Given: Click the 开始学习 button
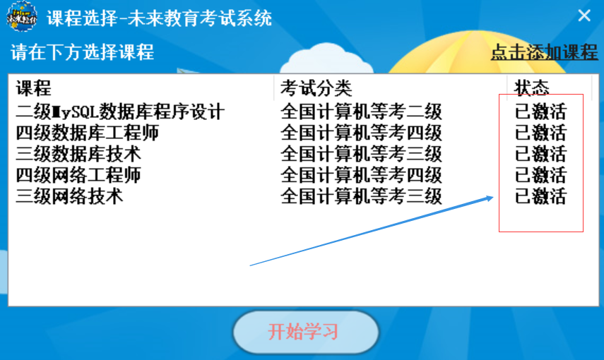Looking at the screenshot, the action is [306, 332].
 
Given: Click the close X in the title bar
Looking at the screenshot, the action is [584, 16].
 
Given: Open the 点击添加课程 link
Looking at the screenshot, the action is [544, 52].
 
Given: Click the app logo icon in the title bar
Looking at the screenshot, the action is [22, 16].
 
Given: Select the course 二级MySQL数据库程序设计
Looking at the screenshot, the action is [120, 112].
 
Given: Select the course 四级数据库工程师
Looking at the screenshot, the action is [87, 133].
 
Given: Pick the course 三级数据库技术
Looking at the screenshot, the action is [78, 154].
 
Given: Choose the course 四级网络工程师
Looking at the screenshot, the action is [78, 175].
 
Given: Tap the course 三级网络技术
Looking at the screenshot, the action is [69, 196].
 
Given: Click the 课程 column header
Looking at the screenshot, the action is [33, 88].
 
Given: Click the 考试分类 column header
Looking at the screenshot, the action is [316, 88].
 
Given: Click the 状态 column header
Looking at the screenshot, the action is [531, 88].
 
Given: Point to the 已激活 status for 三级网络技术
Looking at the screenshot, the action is [540, 196].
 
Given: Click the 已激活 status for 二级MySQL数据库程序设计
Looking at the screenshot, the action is [540, 112].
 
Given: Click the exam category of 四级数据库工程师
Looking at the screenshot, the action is [361, 133].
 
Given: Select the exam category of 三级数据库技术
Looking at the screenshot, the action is [361, 154].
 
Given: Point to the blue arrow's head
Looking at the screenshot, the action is [492, 198].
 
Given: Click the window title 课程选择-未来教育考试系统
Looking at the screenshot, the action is [159, 18].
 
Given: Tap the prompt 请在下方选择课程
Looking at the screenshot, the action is [82, 52].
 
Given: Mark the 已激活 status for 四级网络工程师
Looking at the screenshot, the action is [540, 175].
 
